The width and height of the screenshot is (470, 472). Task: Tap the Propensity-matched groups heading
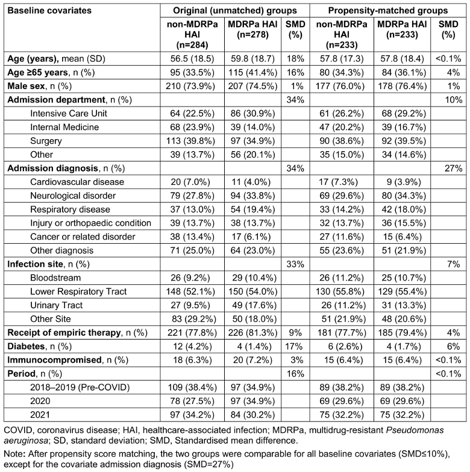click(x=387, y=11)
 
